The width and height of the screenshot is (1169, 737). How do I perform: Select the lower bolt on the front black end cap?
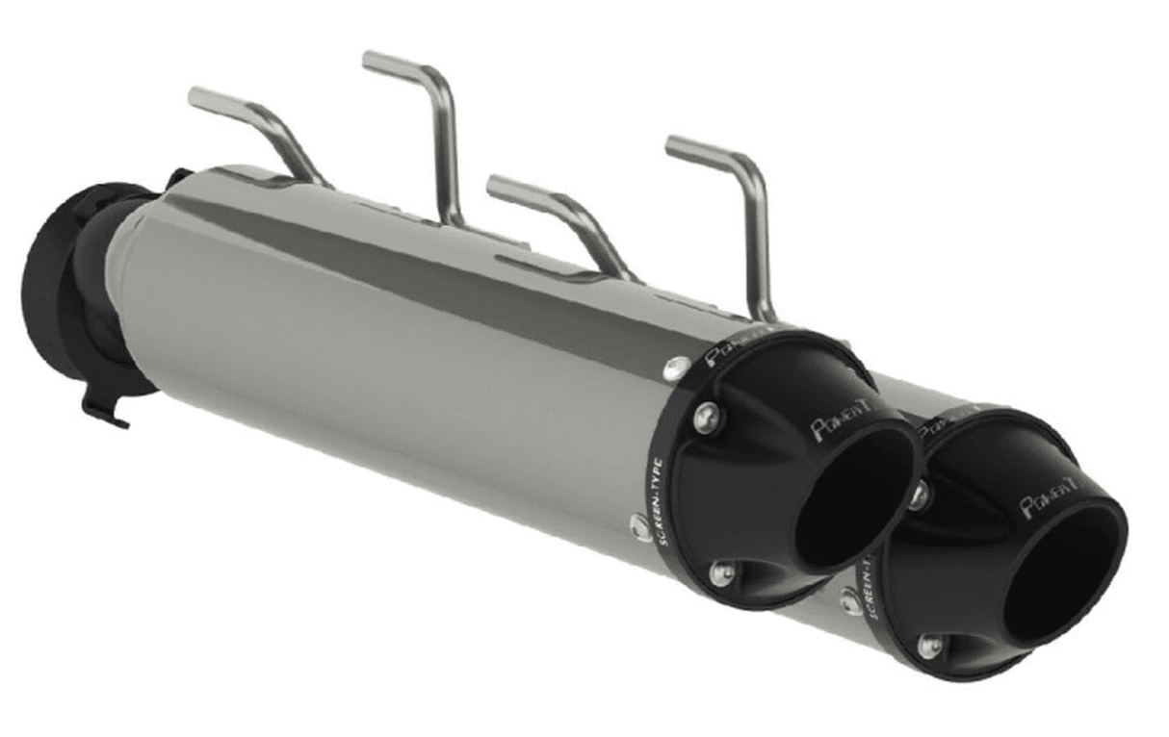(x=721, y=573)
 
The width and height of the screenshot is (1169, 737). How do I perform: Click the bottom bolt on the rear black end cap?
(x=928, y=646)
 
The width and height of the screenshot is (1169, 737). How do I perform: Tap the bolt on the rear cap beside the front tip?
(x=921, y=496)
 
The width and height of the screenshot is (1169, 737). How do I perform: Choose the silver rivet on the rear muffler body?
(x=849, y=601)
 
